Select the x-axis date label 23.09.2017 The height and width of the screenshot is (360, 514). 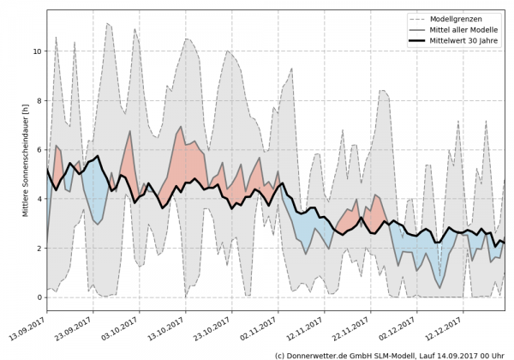tap(76, 328)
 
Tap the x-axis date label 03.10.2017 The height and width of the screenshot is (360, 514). tap(123, 328)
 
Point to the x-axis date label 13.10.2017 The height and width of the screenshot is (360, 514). tap(169, 328)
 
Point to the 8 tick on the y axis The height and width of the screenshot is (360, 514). tap(39, 100)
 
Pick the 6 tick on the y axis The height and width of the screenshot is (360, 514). tap(39, 150)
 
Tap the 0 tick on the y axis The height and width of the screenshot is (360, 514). tap(39, 297)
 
